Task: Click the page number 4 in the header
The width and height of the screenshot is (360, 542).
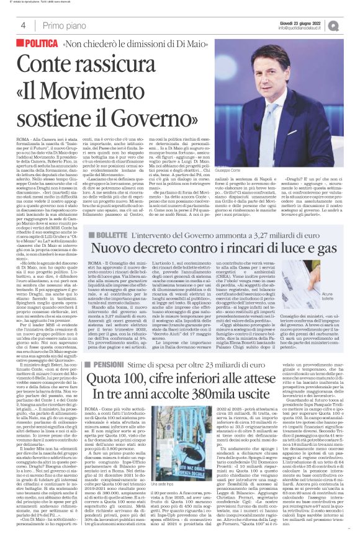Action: (x=22, y=25)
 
